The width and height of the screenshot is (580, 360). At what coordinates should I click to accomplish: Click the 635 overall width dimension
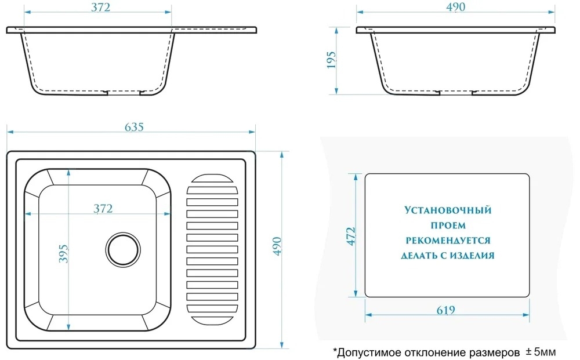pyautogui.click(x=134, y=127)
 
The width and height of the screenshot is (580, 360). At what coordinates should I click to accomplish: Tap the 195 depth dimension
pyautogui.click(x=331, y=60)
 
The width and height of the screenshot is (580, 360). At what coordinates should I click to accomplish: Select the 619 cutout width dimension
pyautogui.click(x=445, y=310)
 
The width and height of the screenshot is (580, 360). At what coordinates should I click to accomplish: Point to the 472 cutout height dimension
pyautogui.click(x=351, y=236)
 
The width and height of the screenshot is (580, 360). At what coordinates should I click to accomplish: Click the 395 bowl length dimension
pyautogui.click(x=64, y=253)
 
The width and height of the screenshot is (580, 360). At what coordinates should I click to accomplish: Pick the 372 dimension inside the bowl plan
pyautogui.click(x=103, y=209)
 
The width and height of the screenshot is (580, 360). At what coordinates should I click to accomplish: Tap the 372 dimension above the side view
pyautogui.click(x=100, y=7)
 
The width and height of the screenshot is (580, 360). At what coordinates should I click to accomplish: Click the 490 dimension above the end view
pyautogui.click(x=456, y=6)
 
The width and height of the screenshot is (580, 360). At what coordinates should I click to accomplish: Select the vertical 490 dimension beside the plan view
pyautogui.click(x=277, y=246)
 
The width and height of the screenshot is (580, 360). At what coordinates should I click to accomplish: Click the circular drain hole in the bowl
pyautogui.click(x=123, y=249)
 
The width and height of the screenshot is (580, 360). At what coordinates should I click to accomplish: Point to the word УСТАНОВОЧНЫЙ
pyautogui.click(x=448, y=210)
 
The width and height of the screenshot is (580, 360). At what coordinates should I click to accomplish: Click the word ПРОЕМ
pyautogui.click(x=448, y=226)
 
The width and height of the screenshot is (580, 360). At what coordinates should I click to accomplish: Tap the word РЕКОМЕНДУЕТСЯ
pyautogui.click(x=448, y=241)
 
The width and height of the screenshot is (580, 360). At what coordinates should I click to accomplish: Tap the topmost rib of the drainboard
pyautogui.click(x=212, y=179)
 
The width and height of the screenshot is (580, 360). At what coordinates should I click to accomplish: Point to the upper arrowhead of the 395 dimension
pyautogui.click(x=68, y=173)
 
